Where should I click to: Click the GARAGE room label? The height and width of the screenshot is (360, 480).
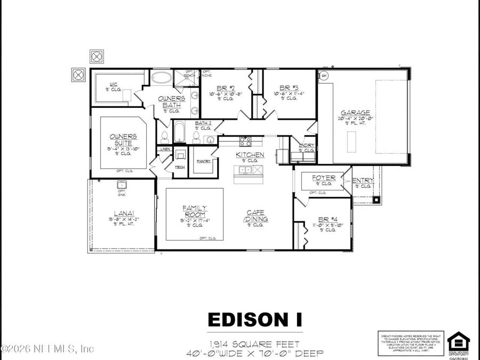[x=356, y=113]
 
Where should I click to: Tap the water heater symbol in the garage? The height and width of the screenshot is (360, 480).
[x=323, y=76]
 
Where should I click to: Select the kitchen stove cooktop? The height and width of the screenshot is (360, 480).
[x=245, y=141]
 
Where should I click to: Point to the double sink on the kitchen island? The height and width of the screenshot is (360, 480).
[x=246, y=170]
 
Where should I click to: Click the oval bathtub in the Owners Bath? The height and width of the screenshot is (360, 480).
[x=161, y=78]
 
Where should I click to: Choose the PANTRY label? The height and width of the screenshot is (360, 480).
[x=204, y=161]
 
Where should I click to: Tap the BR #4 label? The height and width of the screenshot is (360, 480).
[x=324, y=219]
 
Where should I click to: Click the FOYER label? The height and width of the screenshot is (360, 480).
[x=324, y=178]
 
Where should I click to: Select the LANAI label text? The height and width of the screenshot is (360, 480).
[x=120, y=212]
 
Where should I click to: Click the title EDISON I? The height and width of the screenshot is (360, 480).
[x=254, y=319]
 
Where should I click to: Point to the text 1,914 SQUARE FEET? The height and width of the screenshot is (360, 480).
[x=254, y=344]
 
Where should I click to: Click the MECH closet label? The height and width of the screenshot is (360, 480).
[x=181, y=167]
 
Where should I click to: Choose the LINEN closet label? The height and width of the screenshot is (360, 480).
[x=165, y=149]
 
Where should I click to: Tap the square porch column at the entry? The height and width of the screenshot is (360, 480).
[x=377, y=199]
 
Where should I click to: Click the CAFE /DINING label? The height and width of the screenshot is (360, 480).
[x=255, y=216]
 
